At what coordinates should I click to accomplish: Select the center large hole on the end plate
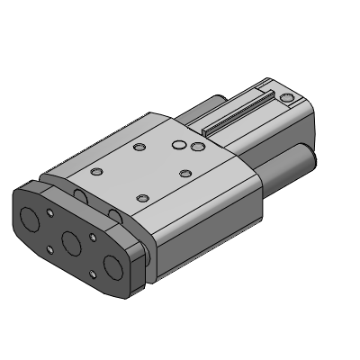70,241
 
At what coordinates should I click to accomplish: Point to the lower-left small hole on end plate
49,250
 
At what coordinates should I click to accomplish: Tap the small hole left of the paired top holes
139,147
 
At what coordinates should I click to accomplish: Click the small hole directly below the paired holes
184,172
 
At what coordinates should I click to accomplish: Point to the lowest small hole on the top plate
141,197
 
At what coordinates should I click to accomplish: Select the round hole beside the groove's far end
286,96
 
